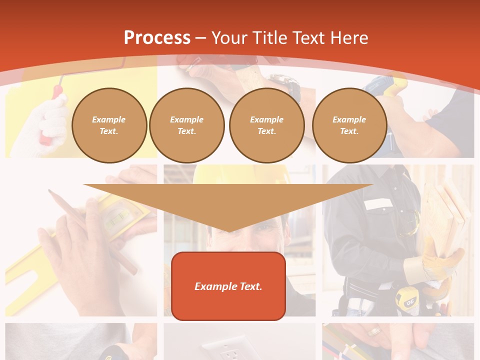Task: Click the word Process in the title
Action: click(157, 38)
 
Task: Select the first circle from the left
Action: click(109, 125)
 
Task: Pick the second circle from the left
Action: click(187, 125)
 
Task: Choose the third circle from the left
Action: click(266, 125)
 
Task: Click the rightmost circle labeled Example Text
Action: click(349, 125)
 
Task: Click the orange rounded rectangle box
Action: click(228, 286)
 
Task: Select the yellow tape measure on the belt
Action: click(405, 300)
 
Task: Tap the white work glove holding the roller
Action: click(47, 125)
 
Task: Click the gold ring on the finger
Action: click(374, 331)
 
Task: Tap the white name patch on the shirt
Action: click(378, 204)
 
